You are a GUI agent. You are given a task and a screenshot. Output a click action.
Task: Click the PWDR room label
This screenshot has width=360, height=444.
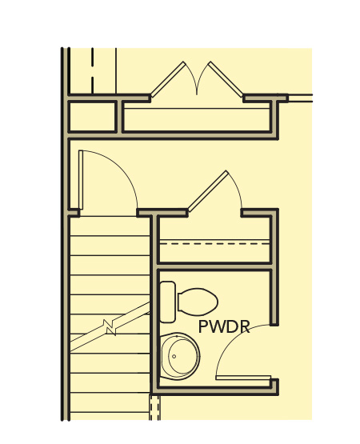224,326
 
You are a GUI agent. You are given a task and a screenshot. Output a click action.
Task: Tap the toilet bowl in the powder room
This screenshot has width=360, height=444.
198,302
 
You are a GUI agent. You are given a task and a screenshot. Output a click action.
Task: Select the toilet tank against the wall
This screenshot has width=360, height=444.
167,302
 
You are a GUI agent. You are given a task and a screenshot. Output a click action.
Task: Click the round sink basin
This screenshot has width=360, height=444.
180,356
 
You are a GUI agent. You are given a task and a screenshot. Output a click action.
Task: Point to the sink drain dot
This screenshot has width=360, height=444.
174,356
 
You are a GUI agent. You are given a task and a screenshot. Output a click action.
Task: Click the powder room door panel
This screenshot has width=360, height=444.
243,378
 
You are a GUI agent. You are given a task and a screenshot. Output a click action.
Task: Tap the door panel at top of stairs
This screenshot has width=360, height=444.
81,180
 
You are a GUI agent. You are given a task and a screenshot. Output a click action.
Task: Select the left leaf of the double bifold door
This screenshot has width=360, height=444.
168,79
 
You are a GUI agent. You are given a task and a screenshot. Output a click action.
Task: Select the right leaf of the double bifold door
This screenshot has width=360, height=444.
226,79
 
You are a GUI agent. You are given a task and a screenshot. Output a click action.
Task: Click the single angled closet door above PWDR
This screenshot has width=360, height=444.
208,191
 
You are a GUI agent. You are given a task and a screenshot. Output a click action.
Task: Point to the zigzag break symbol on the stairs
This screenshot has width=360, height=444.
110,327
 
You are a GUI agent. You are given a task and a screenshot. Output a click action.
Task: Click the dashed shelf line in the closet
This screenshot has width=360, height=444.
214,243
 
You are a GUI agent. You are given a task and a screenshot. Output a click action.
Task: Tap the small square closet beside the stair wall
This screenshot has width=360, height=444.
92,116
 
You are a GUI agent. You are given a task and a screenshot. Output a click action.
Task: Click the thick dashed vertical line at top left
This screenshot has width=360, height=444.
92,70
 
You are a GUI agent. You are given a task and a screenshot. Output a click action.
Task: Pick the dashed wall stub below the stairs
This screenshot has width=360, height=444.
154,407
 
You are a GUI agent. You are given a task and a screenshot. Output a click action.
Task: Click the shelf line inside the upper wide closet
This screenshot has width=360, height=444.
197,109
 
